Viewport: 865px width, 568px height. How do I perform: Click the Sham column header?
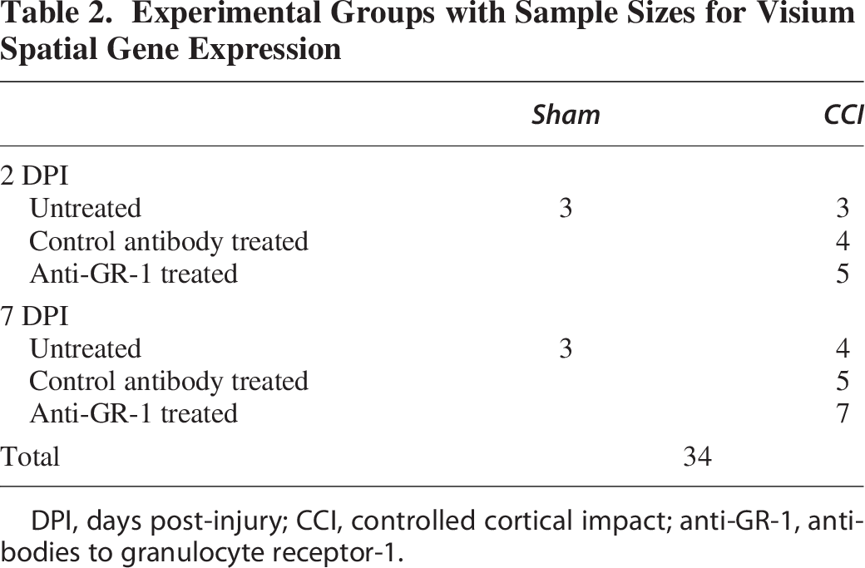pos(566,115)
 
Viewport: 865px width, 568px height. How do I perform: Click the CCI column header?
pos(843,115)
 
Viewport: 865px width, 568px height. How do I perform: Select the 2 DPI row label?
pos(34,176)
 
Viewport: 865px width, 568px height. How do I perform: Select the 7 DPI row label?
pos(34,316)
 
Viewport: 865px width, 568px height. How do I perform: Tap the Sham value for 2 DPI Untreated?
pos(566,209)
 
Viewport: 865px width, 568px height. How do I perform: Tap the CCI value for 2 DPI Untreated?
pos(843,209)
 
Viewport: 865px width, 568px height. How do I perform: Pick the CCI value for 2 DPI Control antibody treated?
pos(843,241)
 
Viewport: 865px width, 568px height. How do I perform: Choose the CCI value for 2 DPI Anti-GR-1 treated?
pos(843,274)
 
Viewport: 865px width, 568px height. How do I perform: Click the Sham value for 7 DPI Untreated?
pos(566,348)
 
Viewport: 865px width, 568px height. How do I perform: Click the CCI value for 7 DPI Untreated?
pos(843,348)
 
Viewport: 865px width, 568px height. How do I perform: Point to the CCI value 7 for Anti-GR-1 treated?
pos(843,413)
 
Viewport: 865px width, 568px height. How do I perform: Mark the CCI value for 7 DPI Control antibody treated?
pos(843,381)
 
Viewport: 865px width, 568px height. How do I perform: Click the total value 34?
pos(697,457)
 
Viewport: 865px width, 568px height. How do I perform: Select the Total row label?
pos(30,457)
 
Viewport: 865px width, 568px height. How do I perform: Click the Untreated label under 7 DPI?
pos(86,348)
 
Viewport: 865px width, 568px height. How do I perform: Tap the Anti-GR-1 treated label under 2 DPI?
pos(134,274)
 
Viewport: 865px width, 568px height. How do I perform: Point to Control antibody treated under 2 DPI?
pos(169,241)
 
